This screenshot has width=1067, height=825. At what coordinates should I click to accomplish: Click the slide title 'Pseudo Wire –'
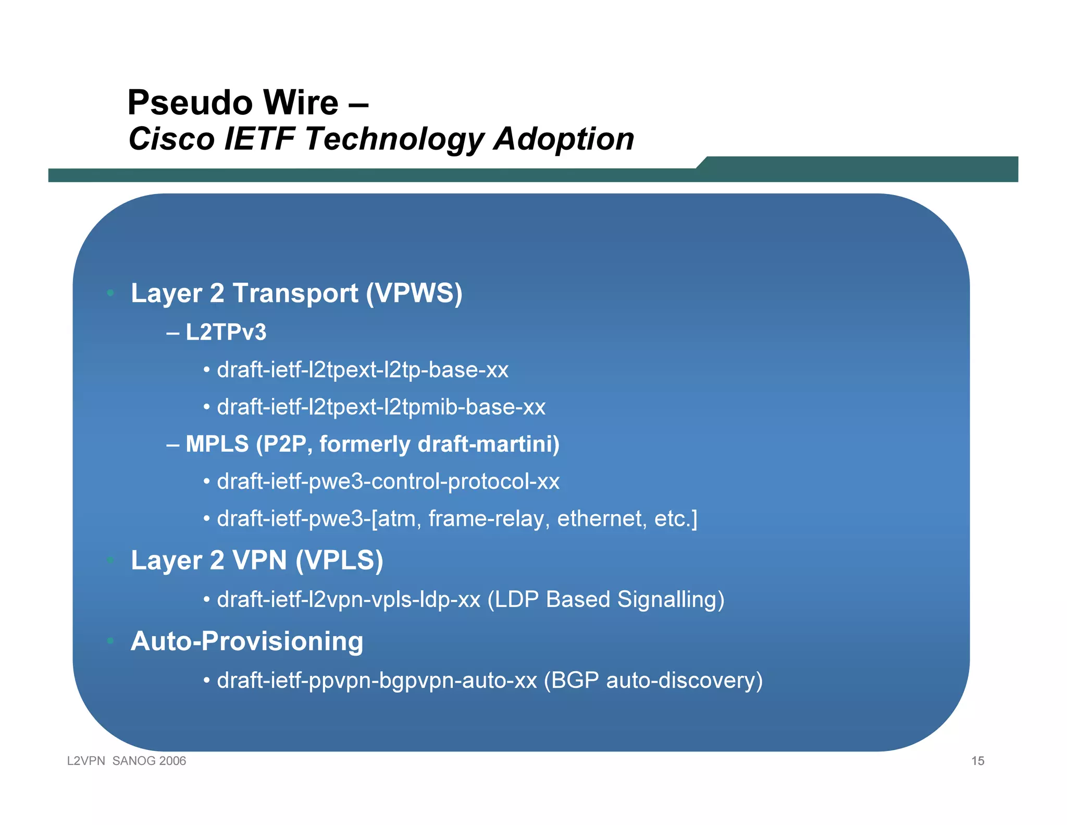248,102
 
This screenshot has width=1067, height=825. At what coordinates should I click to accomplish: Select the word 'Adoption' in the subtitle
564,139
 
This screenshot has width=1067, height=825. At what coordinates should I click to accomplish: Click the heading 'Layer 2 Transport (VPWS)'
296,293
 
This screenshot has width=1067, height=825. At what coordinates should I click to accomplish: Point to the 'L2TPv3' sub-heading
226,332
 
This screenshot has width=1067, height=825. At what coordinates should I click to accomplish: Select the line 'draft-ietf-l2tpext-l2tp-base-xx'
363,370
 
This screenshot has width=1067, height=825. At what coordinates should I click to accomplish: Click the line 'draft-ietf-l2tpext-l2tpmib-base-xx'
381,407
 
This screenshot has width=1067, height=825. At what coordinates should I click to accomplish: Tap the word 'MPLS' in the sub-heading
217,444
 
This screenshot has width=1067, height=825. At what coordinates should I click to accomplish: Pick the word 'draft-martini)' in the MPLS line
489,444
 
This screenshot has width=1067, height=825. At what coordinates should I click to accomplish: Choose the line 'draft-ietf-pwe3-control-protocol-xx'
388,481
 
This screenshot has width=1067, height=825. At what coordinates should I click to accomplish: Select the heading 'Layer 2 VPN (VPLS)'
257,561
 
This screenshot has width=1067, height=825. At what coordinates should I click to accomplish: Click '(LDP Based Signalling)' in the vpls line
605,600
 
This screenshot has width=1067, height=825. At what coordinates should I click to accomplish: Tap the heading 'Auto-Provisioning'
247,641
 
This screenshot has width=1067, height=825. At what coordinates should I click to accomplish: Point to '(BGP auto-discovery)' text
653,681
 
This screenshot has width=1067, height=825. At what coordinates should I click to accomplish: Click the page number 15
977,761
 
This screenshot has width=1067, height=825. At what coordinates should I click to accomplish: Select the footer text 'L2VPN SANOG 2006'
127,761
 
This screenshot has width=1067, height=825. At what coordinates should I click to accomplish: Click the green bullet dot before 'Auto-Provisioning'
110,640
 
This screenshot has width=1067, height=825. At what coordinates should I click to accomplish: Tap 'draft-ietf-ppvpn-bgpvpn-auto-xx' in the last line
377,681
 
